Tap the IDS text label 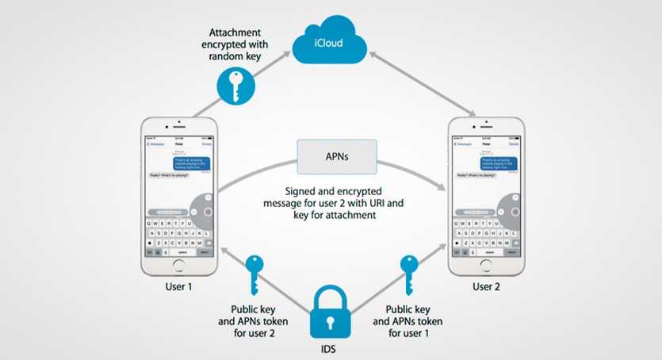pyautogui.click(x=330, y=347)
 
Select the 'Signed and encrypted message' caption pyautogui.click(x=334, y=203)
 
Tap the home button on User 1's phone pyautogui.click(x=178, y=266)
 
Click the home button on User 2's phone pyautogui.click(x=486, y=266)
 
